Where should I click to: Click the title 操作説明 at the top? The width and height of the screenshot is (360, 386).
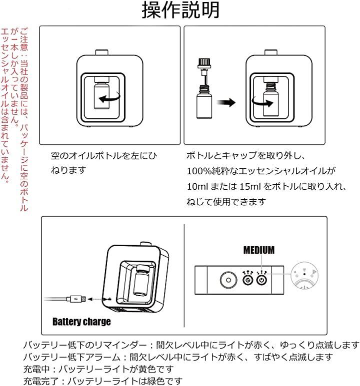[x=179, y=10]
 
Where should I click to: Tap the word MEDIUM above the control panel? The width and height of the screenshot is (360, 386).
[x=258, y=250]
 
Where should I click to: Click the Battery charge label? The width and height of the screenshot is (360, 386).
[x=81, y=322]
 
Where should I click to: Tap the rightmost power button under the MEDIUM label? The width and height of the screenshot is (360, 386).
[x=260, y=281]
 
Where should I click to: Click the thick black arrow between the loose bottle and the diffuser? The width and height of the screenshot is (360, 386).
[x=228, y=102]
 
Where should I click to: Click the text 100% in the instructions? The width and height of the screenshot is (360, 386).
[x=195, y=171]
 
